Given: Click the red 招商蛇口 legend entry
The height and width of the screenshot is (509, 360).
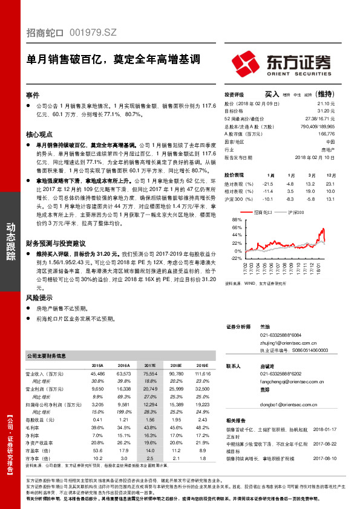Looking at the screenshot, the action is point(261,213).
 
